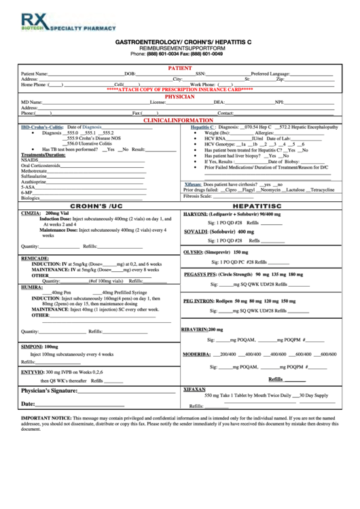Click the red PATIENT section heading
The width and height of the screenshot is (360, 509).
click(x=179, y=69)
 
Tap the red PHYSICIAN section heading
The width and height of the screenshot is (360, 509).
click(x=179, y=97)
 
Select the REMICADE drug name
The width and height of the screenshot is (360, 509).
click(x=35, y=259)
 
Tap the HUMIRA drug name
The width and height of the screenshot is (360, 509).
click(x=31, y=287)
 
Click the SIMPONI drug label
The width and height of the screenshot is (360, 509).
click(x=32, y=347)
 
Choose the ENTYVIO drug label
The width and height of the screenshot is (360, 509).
click(x=33, y=372)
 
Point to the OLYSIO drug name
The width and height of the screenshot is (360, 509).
click(x=196, y=252)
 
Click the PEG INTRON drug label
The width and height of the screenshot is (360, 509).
click(x=200, y=301)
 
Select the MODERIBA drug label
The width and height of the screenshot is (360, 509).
click(x=197, y=354)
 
